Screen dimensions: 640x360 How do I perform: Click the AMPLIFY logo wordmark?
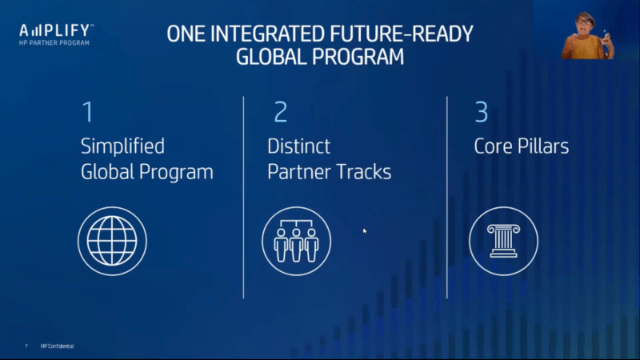pos(56,30)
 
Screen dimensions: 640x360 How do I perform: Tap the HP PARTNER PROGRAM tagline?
pos(54,43)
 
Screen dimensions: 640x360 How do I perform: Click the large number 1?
pos(87,112)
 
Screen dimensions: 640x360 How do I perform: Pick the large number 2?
pos(281,112)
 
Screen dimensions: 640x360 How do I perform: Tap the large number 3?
pos(482,112)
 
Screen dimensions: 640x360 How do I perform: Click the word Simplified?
pos(122,146)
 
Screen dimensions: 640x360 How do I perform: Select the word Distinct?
pos(298,146)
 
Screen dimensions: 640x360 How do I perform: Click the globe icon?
pos(112,241)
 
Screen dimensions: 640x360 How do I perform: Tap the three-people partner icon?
pos(296,241)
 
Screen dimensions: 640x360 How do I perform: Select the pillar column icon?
pos(503,241)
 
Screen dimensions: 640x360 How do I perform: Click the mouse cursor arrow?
pos(365,231)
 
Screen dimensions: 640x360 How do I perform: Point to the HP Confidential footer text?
pos(57,346)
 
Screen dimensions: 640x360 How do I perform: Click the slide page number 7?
pos(26,346)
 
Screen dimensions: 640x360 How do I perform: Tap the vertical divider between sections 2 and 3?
pos(447,198)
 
